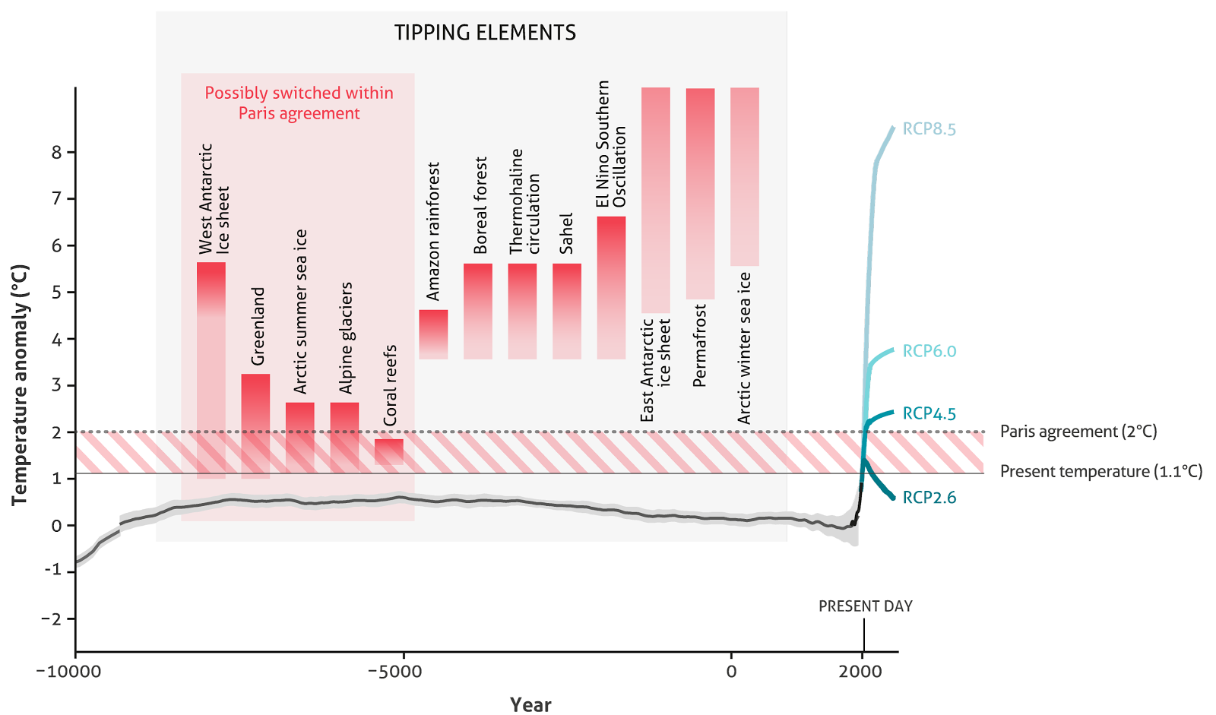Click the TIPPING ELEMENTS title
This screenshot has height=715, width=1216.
[x=485, y=33]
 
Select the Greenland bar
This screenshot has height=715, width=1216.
[x=255, y=426]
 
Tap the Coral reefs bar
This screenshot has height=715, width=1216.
[x=389, y=451]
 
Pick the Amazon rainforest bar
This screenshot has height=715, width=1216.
[x=433, y=334]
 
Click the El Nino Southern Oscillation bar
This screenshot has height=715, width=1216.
[x=611, y=288]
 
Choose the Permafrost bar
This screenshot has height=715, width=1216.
[x=700, y=194]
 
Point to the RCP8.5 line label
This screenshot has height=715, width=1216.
[x=929, y=129]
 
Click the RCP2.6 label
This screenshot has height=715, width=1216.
[x=929, y=498]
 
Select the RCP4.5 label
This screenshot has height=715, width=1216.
[x=929, y=414]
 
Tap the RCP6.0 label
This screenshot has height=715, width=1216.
[x=929, y=351]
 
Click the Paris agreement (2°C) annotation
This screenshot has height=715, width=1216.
[x=1078, y=432]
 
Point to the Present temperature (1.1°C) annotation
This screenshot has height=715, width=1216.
[x=1100, y=472]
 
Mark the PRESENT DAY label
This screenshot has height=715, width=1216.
[x=865, y=606]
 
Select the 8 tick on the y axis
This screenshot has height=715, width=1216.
[x=57, y=152]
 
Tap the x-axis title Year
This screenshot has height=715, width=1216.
[x=530, y=704]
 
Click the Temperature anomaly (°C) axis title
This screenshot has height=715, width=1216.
[x=20, y=384]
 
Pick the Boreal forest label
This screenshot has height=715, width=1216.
[x=480, y=206]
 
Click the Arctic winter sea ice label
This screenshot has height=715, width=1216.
[x=744, y=348]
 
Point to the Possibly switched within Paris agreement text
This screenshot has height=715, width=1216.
[x=299, y=103]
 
